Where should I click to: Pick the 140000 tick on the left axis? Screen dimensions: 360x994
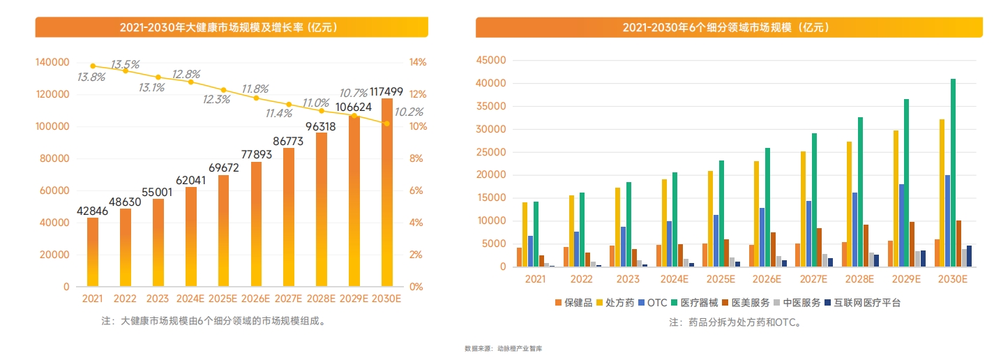[x=52, y=62]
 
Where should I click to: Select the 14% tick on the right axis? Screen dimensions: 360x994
[x=417, y=62]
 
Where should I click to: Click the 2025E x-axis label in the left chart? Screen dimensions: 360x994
[x=223, y=299]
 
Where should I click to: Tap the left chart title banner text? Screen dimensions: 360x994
[x=229, y=28]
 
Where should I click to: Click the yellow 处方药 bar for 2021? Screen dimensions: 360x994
[x=525, y=234]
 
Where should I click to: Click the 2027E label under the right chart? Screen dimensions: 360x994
[x=814, y=279]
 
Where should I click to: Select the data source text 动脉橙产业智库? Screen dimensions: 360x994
[x=517, y=348]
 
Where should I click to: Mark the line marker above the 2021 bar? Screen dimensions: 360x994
[x=93, y=66]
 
